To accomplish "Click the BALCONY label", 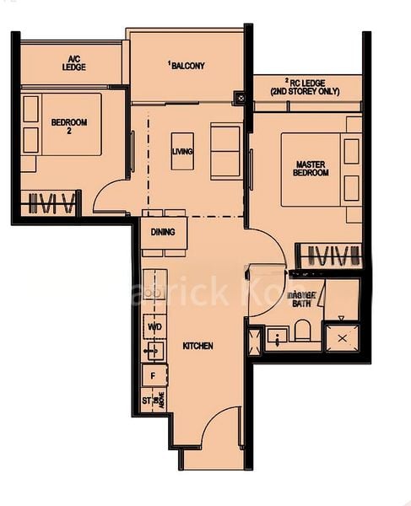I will click(187, 66).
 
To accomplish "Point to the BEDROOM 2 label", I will click(69, 126).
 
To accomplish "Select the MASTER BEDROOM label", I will click(311, 168).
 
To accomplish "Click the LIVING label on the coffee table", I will click(182, 152).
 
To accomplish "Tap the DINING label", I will click(163, 232).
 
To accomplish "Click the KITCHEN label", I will click(197, 346).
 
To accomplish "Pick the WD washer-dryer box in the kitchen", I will click(154, 326).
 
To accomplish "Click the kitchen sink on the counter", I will click(153, 350).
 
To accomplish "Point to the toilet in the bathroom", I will click(302, 330).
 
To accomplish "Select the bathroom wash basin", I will click(277, 337).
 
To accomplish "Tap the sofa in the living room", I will click(225, 152).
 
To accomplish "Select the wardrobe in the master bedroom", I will click(332, 255).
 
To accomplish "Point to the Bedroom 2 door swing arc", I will click(110, 196).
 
